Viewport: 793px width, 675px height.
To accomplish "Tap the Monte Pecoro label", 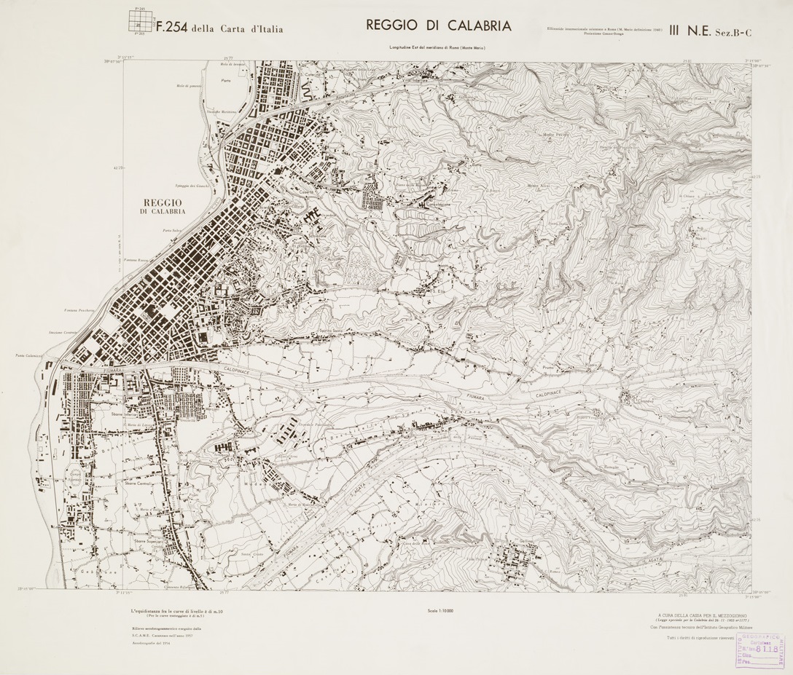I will pos(556,135).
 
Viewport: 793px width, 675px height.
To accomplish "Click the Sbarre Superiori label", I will pos(147,541).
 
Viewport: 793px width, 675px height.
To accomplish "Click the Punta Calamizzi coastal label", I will pos(30,355).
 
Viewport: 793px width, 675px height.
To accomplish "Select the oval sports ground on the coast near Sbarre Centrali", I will pos(74,466).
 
